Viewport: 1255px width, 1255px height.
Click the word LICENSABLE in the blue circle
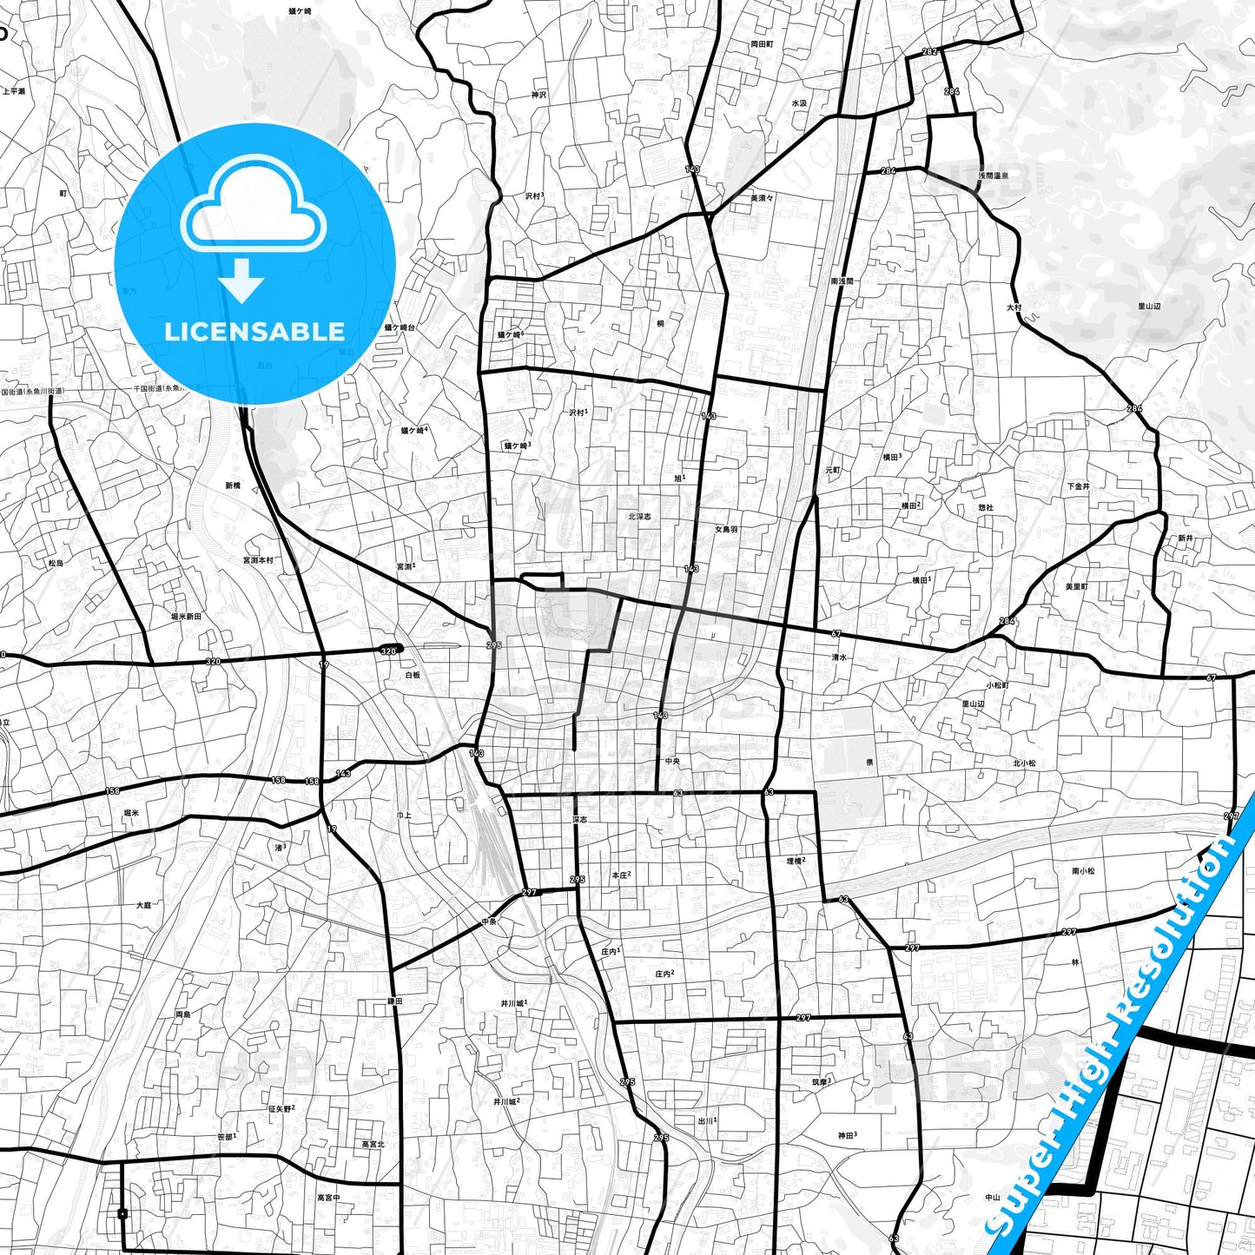click(x=254, y=331)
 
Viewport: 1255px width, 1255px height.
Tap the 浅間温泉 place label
click(x=993, y=175)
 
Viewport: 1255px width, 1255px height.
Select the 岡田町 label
click(x=762, y=43)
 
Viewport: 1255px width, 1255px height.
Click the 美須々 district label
click(x=762, y=198)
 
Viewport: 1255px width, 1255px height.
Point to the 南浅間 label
click(x=842, y=281)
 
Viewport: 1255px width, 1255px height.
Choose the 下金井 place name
click(x=1078, y=486)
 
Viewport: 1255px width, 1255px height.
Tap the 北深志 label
click(x=639, y=517)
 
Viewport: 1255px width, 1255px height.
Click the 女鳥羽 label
click(x=726, y=529)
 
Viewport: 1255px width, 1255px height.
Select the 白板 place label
click(x=413, y=675)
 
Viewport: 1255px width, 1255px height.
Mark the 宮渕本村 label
click(x=258, y=560)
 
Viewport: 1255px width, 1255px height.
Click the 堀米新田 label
click(x=186, y=616)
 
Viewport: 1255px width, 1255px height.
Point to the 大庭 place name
click(x=143, y=905)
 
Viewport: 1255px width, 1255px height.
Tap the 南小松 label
click(x=1083, y=870)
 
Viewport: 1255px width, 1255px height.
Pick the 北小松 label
click(x=1024, y=763)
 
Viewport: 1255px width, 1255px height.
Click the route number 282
click(x=929, y=52)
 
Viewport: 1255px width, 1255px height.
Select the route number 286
click(x=952, y=91)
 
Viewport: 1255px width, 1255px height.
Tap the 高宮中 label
click(x=328, y=1198)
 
